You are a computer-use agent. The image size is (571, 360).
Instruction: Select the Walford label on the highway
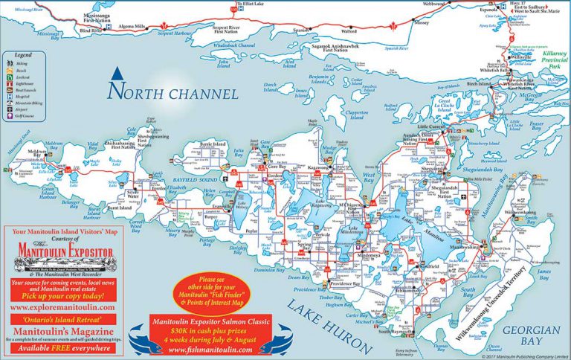[348, 32]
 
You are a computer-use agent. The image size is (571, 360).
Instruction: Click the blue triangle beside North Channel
[116, 74]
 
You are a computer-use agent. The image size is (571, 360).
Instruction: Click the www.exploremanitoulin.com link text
[62, 306]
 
